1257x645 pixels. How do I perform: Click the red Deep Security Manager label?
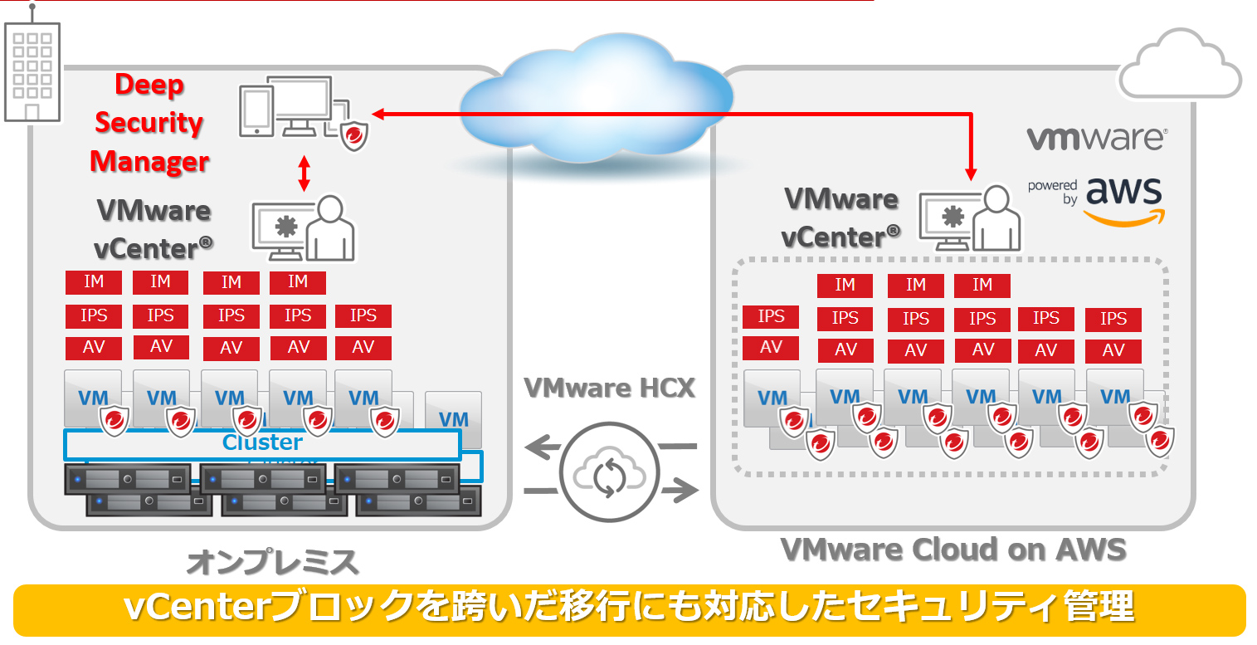click(149, 123)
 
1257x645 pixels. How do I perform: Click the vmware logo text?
click(1095, 139)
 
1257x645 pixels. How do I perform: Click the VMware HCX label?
click(609, 387)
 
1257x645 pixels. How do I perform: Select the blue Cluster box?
click(262, 443)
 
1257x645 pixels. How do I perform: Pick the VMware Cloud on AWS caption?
click(953, 549)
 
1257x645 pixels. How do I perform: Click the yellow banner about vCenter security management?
click(628, 608)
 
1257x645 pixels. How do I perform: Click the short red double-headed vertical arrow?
click(305, 173)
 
